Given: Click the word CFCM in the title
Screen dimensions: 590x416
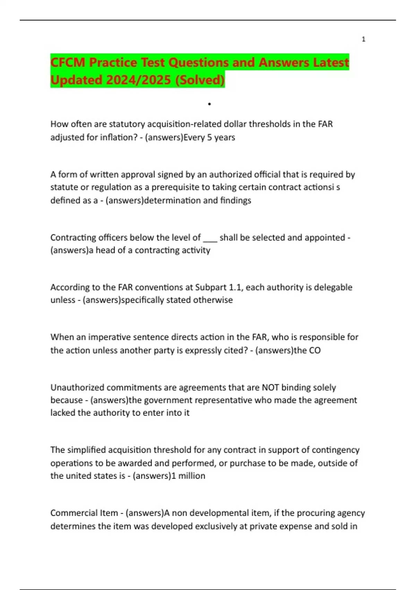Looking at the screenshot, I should tap(68, 62).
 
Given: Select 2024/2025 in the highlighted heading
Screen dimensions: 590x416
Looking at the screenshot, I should tap(138, 80).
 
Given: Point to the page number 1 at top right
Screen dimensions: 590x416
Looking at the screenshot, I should tap(363, 39).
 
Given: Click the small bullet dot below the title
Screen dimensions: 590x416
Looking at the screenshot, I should tap(209, 104).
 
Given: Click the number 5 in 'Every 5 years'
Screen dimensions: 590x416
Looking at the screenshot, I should tap(209, 137).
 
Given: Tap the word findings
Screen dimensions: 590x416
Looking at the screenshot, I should tap(235, 200).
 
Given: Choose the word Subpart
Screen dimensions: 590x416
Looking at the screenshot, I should tap(210, 287).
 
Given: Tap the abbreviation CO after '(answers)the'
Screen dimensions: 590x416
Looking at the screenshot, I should tap(315, 350).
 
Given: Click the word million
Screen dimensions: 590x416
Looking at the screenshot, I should tap(192, 476).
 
